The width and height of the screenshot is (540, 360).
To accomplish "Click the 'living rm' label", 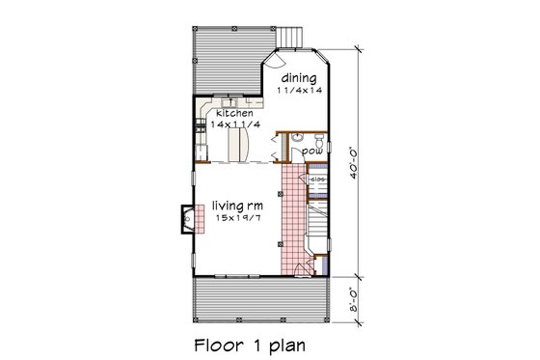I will [230, 205].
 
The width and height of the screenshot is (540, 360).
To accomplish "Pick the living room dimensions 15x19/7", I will [230, 218].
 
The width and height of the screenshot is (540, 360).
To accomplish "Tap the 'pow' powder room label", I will [311, 152].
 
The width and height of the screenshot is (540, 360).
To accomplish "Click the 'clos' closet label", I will [316, 179].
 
